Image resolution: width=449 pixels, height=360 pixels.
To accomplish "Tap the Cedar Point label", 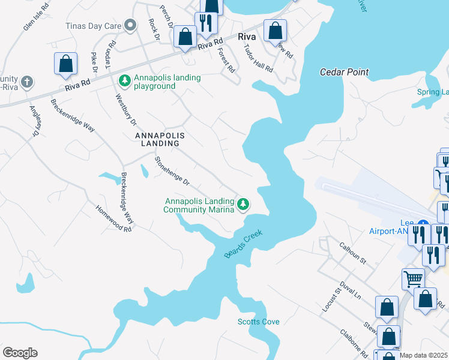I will point(344,72).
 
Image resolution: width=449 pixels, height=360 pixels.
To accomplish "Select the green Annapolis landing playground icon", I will point(125,80).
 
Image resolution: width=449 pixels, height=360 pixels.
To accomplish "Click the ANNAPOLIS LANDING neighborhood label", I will point(153,139).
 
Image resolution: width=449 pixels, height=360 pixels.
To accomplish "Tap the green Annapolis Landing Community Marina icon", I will point(243,204).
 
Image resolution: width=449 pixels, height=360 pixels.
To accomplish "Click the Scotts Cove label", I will point(258,322).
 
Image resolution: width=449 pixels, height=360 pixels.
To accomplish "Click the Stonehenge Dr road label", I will point(172,171).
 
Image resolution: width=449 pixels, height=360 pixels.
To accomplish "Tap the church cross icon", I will point(26,81).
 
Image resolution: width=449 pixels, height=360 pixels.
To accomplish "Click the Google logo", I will point(20,352).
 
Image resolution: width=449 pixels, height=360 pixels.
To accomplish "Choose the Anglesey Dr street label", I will point(34,121).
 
